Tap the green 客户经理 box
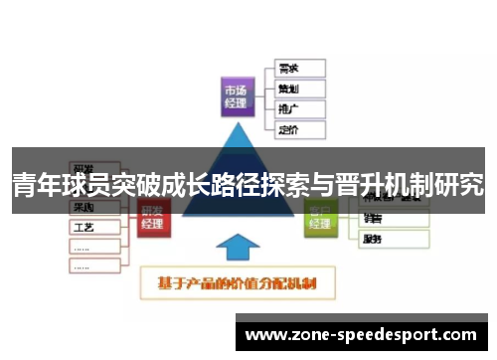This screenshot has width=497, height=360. (x=320, y=217)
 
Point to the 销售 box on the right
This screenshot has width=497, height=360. (x=393, y=220)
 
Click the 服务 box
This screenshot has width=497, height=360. (x=393, y=239)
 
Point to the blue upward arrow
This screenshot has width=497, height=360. (x=238, y=250)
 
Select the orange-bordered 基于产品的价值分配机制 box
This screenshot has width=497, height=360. (x=238, y=284)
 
